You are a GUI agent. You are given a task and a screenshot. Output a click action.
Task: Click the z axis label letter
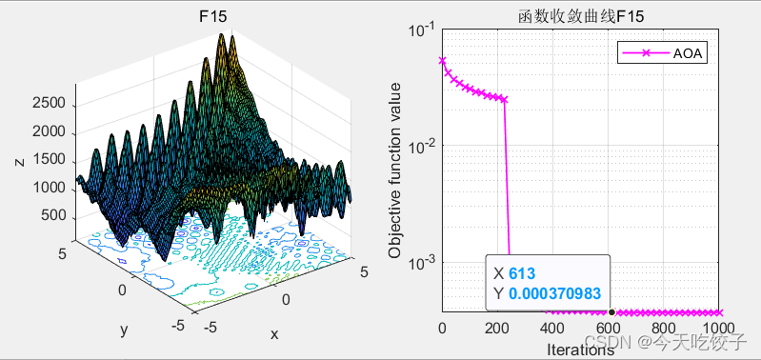pyautogui.click(x=19, y=162)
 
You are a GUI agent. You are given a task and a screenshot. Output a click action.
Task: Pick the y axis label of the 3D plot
pyautogui.click(x=124, y=330)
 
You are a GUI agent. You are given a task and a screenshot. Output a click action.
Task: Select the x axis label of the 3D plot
pyautogui.click(x=274, y=333)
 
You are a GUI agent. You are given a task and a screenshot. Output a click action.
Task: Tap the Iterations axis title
pyautogui.click(x=580, y=350)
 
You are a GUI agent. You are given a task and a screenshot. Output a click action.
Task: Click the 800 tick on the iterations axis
pyautogui.click(x=663, y=329)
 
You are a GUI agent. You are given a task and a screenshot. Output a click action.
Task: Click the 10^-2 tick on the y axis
pyautogui.click(x=421, y=146)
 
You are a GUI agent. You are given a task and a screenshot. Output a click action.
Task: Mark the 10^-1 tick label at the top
pyautogui.click(x=421, y=30)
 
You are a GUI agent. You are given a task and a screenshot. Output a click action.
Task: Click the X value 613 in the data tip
pyautogui.click(x=522, y=273)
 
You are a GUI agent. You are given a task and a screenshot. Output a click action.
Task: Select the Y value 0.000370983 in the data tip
pyautogui.click(x=554, y=294)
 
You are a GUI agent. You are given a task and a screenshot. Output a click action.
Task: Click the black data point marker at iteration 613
pyautogui.click(x=611, y=312)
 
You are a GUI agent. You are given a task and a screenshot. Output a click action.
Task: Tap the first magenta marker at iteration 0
pyautogui.click(x=442, y=60)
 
